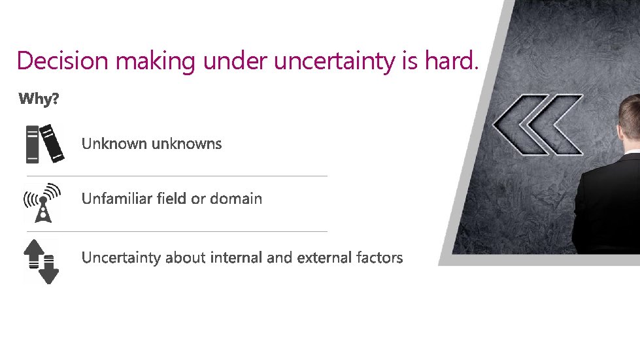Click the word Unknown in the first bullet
114,144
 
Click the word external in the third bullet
324,257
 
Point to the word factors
380,257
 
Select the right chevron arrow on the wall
556,124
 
